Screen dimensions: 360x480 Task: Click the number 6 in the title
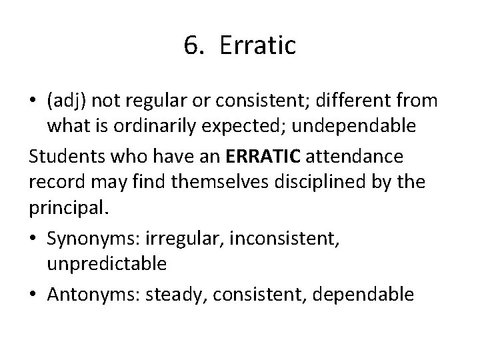coord(190,46)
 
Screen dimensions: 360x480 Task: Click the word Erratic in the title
coord(257,46)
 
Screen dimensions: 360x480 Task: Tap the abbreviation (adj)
coord(68,101)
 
